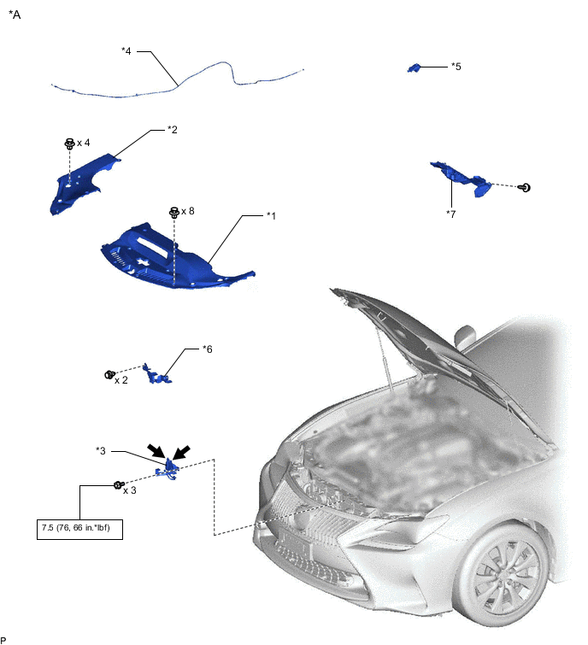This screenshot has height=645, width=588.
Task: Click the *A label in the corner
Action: (x=15, y=15)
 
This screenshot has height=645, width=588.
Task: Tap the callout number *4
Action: (x=126, y=51)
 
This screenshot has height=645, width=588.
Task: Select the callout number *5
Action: (x=456, y=67)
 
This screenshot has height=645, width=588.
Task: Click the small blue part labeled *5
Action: (x=414, y=67)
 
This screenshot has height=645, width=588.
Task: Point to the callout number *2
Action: (x=173, y=130)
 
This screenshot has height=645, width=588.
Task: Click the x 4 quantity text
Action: (x=84, y=143)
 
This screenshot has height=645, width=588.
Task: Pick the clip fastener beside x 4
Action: (x=70, y=144)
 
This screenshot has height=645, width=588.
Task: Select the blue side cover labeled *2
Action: (x=84, y=184)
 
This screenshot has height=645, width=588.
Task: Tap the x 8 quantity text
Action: (x=188, y=211)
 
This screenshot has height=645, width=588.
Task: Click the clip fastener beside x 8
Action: (x=174, y=212)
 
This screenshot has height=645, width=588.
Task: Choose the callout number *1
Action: (x=271, y=215)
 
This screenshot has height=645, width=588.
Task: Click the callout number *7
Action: (x=451, y=214)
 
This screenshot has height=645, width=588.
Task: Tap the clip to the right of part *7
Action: (x=525, y=188)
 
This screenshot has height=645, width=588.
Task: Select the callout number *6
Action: (x=208, y=349)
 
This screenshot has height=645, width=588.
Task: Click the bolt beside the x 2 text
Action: (x=109, y=375)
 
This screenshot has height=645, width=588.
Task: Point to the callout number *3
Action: (x=101, y=451)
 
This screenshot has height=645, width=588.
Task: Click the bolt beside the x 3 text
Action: (x=119, y=485)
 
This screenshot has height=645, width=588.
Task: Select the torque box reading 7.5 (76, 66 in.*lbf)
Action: (x=79, y=529)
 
